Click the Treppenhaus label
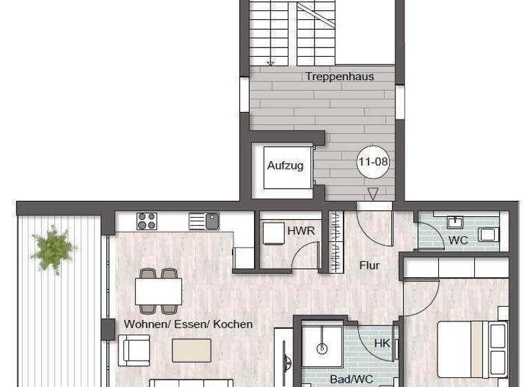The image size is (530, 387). (339, 77)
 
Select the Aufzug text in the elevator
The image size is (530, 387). (285, 166)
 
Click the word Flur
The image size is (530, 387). (369, 265)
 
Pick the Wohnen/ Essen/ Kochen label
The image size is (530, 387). (188, 324)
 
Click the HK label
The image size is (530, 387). (382, 343)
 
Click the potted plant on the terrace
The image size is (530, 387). (53, 247)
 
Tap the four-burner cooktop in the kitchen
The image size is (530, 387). (146, 221)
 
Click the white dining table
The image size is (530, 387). (159, 292)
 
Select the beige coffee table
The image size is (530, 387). (192, 350)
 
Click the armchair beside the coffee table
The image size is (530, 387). (135, 350)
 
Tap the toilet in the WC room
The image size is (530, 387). (489, 234)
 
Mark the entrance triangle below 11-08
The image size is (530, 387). (373, 194)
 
